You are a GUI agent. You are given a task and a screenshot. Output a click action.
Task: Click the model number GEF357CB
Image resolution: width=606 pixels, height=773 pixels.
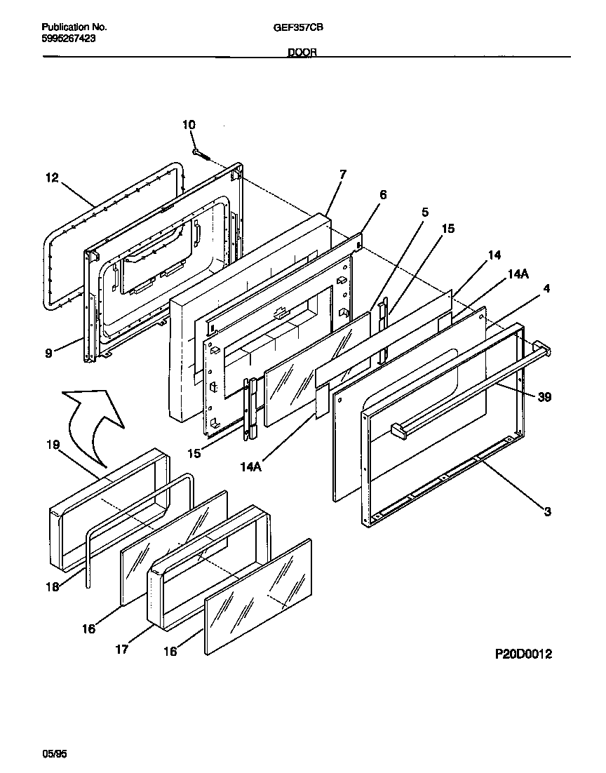click(298, 27)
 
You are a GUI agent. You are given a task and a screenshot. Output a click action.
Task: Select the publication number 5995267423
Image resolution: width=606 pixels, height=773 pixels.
click(69, 39)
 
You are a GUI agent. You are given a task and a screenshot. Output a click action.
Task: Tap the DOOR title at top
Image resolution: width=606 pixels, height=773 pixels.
click(302, 52)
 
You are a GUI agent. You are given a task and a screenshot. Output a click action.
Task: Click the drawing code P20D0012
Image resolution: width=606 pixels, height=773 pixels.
click(524, 654)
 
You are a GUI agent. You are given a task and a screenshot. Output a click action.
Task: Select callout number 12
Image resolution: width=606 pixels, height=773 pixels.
click(53, 177)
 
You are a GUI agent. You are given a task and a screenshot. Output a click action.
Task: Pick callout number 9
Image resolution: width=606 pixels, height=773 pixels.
click(48, 353)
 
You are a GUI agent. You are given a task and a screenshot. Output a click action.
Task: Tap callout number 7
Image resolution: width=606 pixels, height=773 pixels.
click(343, 174)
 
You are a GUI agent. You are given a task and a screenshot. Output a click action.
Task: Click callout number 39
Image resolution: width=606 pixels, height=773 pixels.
click(544, 397)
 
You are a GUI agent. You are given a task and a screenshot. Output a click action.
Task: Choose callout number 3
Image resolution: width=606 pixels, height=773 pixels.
click(547, 512)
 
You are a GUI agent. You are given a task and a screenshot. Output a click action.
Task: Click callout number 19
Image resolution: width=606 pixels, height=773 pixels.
click(53, 445)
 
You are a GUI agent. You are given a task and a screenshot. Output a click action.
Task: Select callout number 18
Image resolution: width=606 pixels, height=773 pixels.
click(53, 586)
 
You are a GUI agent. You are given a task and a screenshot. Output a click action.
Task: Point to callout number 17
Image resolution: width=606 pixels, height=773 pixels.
click(122, 650)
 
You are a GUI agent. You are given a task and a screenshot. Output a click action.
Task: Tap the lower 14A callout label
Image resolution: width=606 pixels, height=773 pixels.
click(251, 466)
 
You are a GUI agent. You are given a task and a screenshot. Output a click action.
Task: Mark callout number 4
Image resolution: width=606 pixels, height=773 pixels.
click(546, 288)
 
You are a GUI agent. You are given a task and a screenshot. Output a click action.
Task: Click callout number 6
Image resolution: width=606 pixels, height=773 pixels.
click(383, 195)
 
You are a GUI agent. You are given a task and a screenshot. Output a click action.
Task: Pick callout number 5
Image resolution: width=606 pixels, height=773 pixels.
click(424, 213)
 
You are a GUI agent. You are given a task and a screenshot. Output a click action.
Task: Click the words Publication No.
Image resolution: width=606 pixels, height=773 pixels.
click(74, 27)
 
